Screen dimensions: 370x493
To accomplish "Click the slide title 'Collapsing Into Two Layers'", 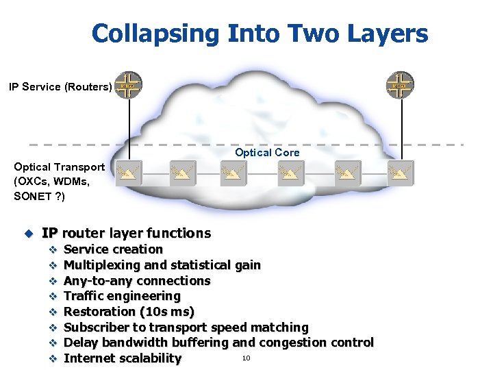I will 260,34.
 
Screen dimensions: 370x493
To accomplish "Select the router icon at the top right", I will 400,86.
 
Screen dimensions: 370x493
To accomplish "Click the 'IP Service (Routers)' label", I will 60,87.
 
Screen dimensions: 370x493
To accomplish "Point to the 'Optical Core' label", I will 267,153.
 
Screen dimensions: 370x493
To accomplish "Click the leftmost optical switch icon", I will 129,174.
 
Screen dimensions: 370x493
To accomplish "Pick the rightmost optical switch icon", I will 400,174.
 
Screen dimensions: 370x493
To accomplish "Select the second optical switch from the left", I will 183,174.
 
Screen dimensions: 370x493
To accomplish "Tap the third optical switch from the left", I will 234,174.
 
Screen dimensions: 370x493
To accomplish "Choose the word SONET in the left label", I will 31,197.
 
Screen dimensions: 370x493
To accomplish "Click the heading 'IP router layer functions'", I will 126,233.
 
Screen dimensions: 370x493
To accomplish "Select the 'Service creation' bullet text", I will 113,249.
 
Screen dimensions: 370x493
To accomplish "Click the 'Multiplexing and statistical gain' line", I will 162,265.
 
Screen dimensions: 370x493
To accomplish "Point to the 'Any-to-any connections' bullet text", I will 136,281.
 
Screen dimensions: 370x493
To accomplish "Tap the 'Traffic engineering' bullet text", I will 122,296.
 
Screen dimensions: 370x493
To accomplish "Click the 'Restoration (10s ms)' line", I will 129,312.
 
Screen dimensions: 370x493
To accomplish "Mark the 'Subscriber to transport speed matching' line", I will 186,328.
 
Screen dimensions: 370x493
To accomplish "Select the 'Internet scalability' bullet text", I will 123,358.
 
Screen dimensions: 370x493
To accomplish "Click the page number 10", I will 246,357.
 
